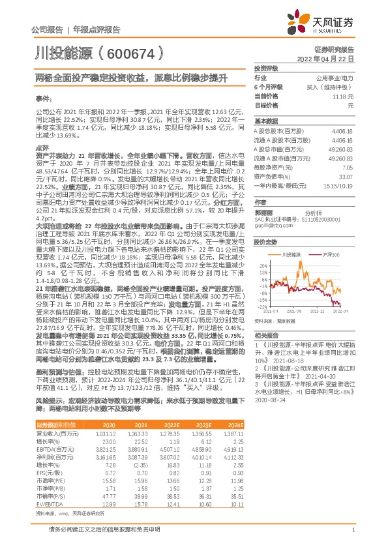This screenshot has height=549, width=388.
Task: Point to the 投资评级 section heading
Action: click(x=266, y=68)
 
